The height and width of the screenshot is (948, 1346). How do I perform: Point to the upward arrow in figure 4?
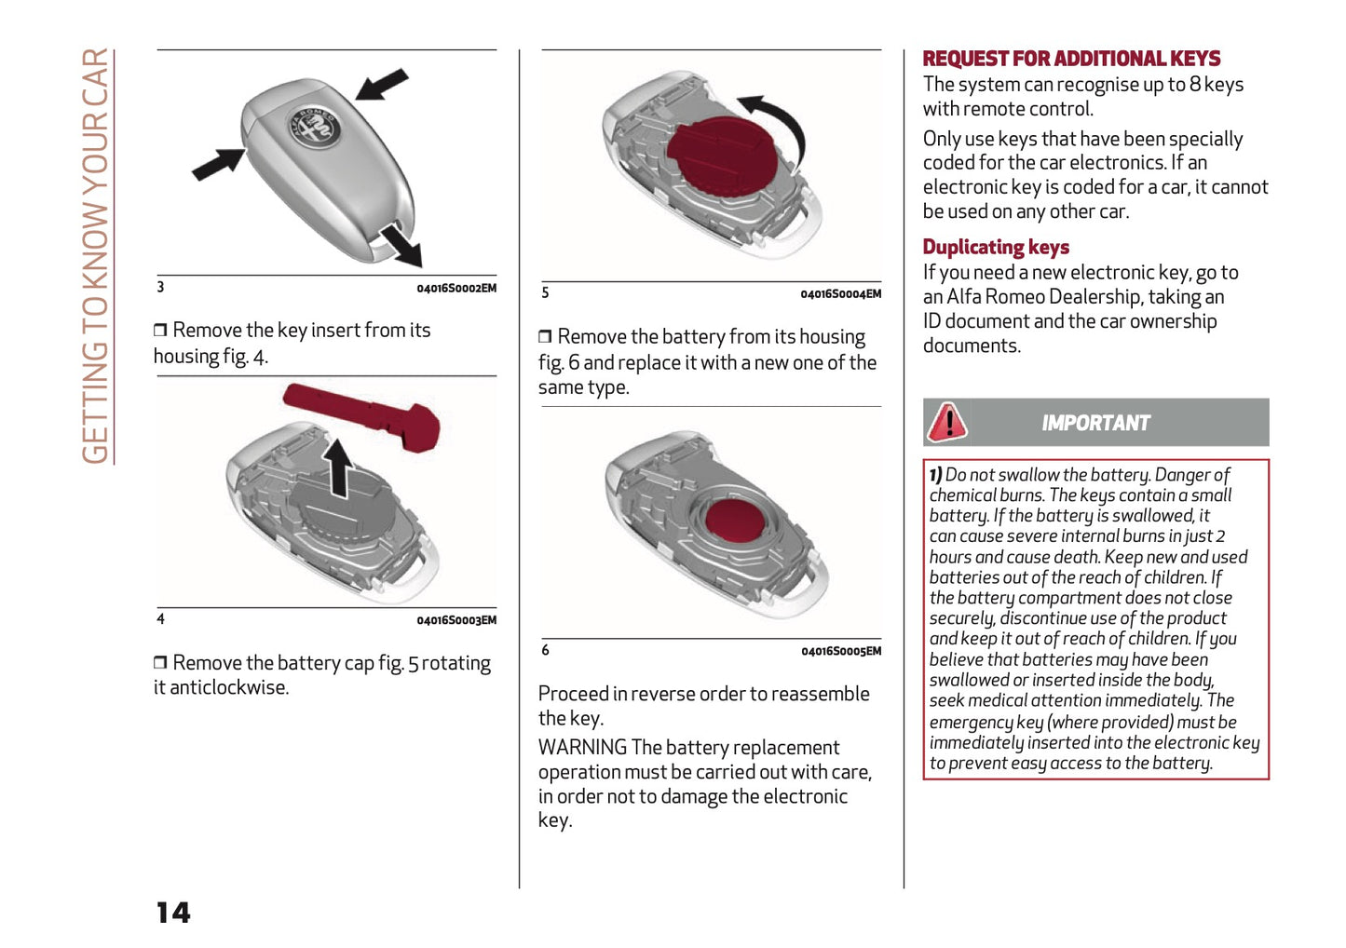(337, 465)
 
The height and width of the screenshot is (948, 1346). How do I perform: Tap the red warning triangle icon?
(946, 422)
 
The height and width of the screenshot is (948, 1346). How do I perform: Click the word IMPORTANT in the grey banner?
(1095, 423)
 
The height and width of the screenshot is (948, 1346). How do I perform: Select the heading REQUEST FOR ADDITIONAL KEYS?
(1070, 59)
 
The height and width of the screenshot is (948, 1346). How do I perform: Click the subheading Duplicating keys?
(995, 247)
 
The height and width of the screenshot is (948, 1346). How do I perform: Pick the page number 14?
(173, 912)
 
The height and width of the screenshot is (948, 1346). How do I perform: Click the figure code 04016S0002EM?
(455, 289)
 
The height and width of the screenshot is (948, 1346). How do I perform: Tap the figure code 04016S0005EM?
(840, 651)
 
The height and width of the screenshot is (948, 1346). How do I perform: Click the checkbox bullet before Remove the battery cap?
(160, 663)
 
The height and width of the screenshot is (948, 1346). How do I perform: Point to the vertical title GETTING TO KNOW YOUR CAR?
(96, 255)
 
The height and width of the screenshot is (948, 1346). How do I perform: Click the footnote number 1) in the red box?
(935, 475)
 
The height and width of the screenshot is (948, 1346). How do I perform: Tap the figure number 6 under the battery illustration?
(546, 650)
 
